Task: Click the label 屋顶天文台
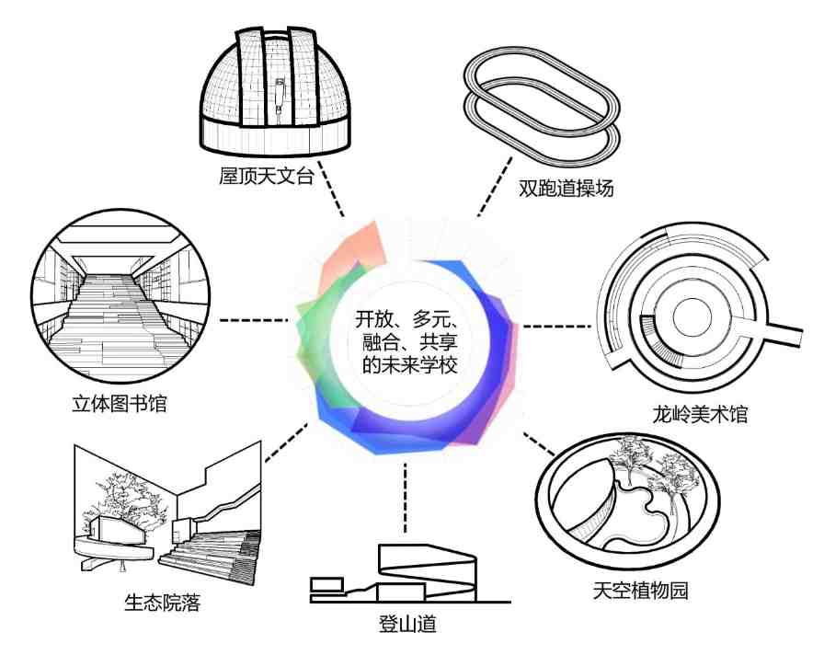[x=266, y=176]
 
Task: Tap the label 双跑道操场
[x=566, y=188]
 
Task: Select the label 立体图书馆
[x=120, y=404]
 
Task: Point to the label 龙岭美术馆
[x=700, y=414]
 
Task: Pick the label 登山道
[x=407, y=624]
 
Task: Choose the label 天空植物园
[x=640, y=591]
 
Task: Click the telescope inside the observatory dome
[x=280, y=97]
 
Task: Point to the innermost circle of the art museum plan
[x=692, y=317]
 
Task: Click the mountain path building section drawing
[x=410, y=574]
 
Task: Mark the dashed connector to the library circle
[x=253, y=319]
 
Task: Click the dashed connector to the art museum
[x=557, y=327]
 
